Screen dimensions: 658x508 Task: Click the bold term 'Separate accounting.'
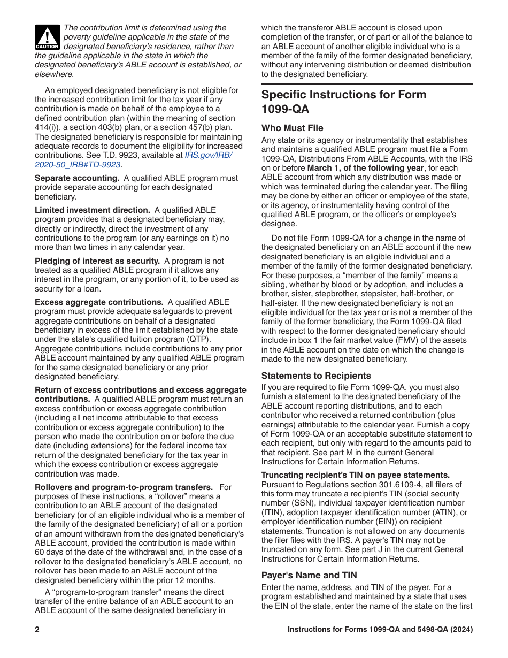pyautogui.click(x=77, y=178)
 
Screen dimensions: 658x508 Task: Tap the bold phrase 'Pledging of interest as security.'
pyautogui.click(x=97, y=261)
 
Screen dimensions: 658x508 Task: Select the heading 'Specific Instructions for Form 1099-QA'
pyautogui.click(x=344, y=102)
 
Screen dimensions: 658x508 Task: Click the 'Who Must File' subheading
pyautogui.click(x=292, y=128)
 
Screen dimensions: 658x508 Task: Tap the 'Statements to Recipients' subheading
pyautogui.click(x=315, y=376)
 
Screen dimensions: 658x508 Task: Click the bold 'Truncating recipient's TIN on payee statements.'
pyautogui.click(x=355, y=475)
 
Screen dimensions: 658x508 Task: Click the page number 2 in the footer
pyautogui.click(x=37, y=630)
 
